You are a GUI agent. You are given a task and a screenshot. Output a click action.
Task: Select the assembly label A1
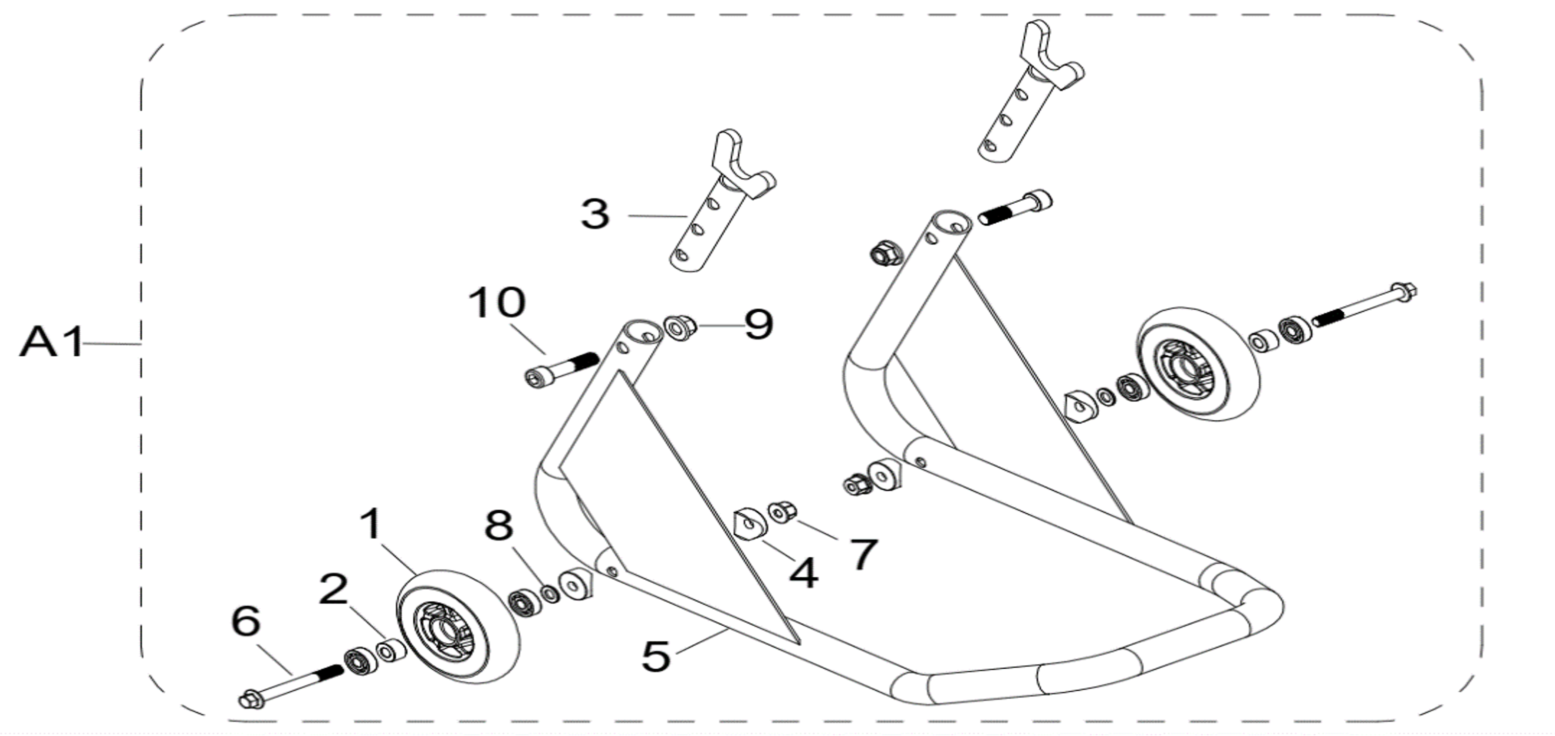(x=51, y=342)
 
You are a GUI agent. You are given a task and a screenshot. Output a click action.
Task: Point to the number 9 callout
(x=758, y=324)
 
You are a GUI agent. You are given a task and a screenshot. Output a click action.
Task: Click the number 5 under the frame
(x=656, y=656)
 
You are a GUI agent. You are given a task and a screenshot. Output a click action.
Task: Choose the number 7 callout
(x=863, y=554)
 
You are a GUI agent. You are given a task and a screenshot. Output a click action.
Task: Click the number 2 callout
(x=334, y=589)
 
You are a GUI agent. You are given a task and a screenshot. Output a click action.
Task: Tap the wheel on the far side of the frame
(x=1198, y=365)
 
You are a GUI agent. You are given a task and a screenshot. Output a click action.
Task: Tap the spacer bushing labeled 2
(x=391, y=651)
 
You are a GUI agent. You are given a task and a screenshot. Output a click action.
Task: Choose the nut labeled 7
(x=782, y=513)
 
